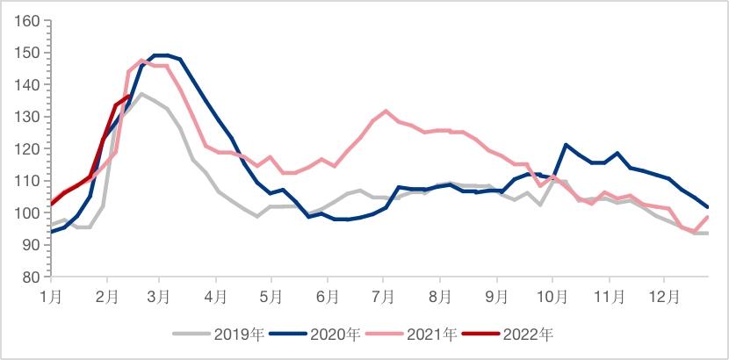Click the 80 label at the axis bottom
pos(32,277)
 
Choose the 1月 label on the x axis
pos(51,298)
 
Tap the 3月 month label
pos(159,298)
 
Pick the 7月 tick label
pos(384,298)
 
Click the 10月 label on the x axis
pos(553,298)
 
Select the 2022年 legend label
pos(531,335)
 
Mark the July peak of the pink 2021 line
pos(386,111)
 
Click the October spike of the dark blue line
pos(567,144)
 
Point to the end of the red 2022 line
pos(130,96)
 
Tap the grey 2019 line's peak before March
pos(141,93)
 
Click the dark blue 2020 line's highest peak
pos(161,55)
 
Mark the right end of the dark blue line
pos(708,207)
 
